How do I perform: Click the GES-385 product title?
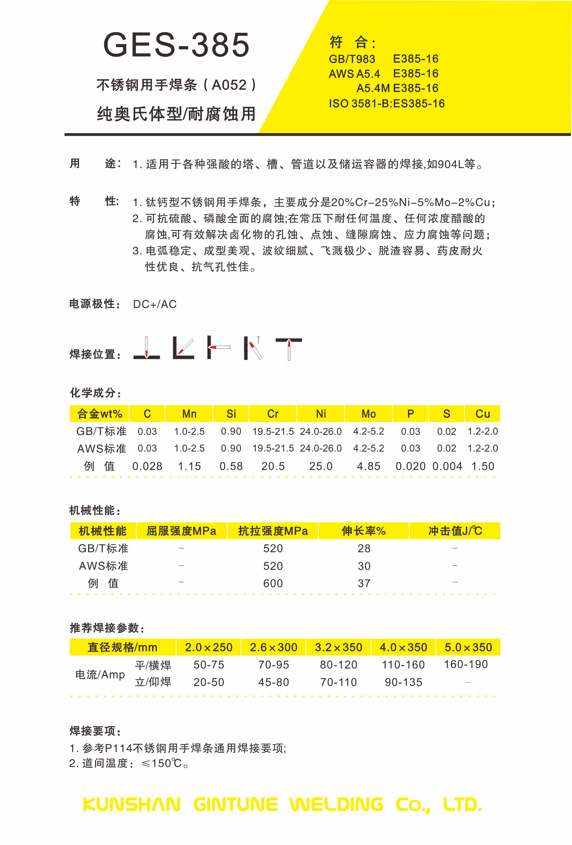click(177, 45)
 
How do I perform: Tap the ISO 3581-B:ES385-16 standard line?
click(386, 104)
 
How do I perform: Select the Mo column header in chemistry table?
click(368, 414)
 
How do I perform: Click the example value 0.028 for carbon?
click(147, 466)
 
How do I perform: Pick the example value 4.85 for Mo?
click(368, 466)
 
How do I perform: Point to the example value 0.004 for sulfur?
click(447, 466)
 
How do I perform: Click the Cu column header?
click(483, 414)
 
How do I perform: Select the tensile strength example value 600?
click(273, 583)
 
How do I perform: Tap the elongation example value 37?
click(364, 583)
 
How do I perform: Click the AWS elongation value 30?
click(364, 566)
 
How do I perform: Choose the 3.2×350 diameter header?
click(338, 647)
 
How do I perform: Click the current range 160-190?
click(466, 664)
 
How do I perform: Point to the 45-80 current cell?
click(274, 682)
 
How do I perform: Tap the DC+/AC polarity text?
click(155, 304)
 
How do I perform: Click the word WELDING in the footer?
click(337, 804)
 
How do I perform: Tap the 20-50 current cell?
click(208, 682)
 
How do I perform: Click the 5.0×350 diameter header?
click(468, 647)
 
